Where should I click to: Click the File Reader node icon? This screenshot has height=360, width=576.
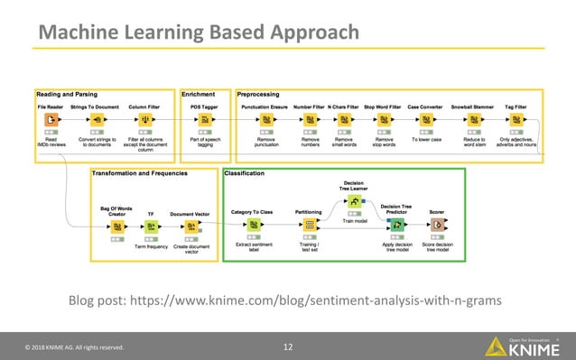point(51,120)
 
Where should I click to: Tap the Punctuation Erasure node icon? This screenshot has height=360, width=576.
point(265,120)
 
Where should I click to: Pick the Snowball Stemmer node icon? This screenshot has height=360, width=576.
point(472,120)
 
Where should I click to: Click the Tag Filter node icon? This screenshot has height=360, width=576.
point(517,120)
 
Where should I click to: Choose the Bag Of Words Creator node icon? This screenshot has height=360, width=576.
point(117,226)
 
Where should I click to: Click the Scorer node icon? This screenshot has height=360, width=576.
point(437,225)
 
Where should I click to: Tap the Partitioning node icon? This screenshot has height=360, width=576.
point(309,226)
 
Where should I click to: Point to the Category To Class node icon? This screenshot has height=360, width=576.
point(252,226)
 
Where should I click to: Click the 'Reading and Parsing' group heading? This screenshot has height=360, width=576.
point(67,94)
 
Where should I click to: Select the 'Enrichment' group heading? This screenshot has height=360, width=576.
point(199,94)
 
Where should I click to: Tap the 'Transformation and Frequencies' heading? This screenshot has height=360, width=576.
point(139,171)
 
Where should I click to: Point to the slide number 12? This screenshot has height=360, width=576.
point(288,346)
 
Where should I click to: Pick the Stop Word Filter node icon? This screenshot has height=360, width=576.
point(384,120)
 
